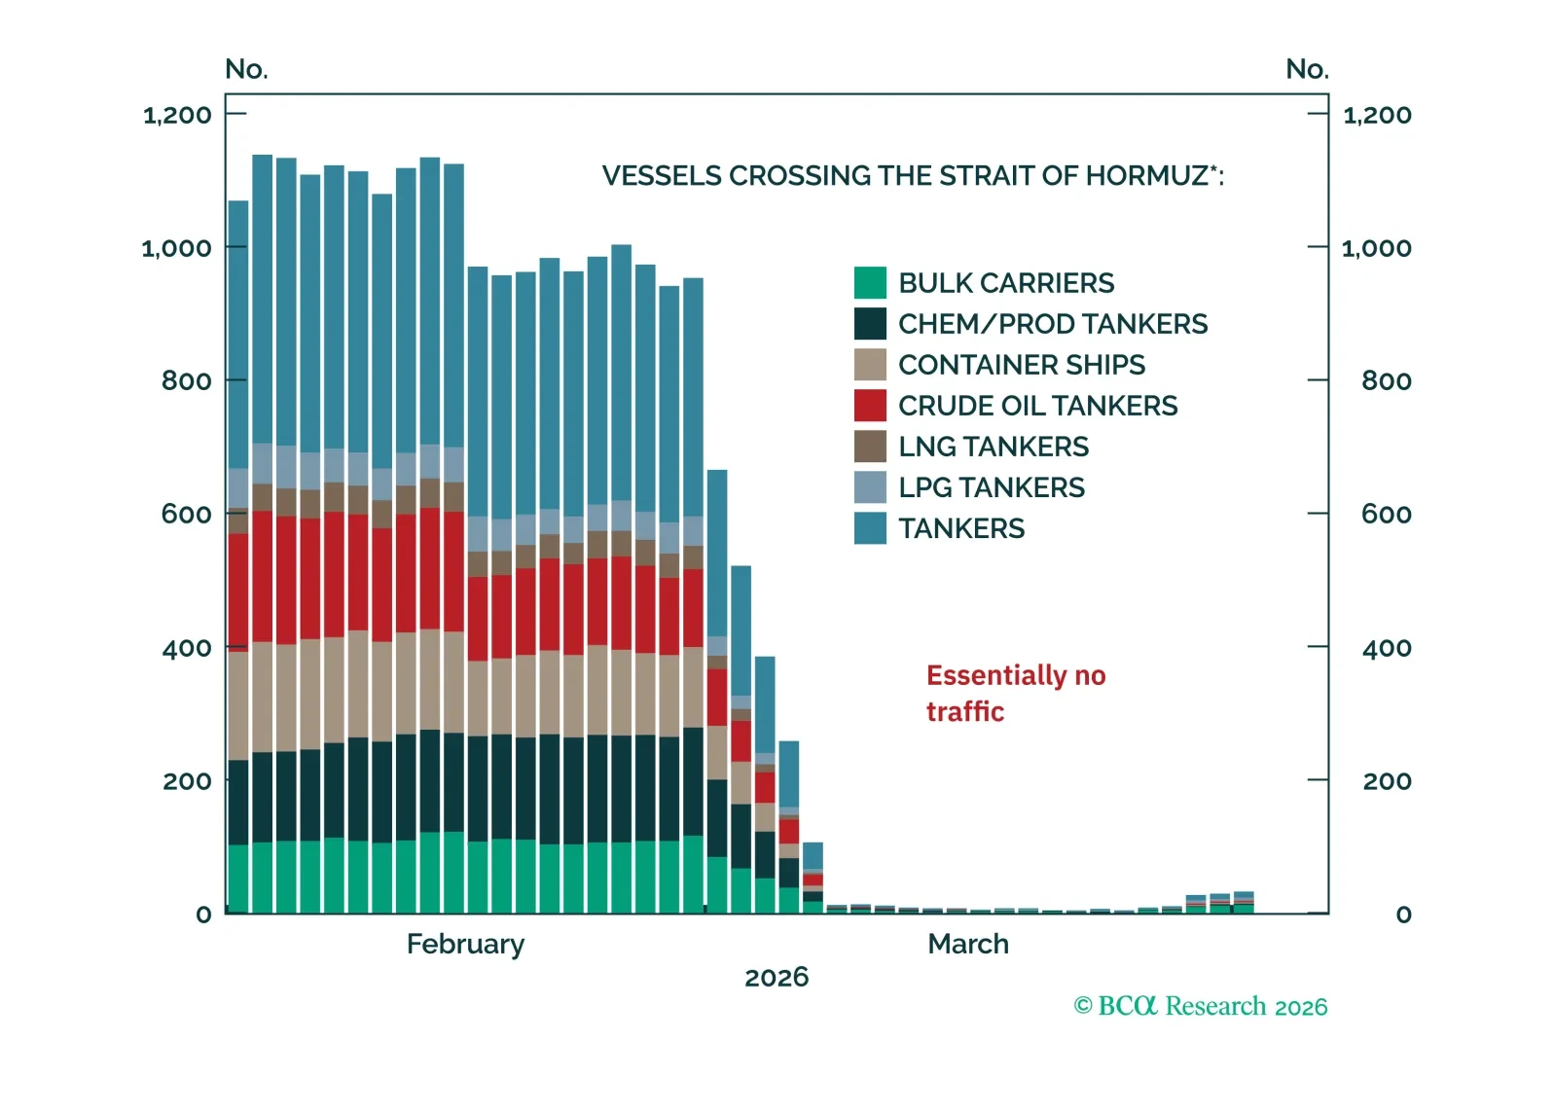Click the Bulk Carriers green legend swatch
[x=870, y=283]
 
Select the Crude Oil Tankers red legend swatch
[x=870, y=406]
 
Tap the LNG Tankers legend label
[x=993, y=447]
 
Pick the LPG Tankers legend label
[x=991, y=487]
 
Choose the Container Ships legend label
[x=1021, y=365]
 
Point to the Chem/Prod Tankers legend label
[x=1052, y=324]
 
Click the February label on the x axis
[x=465, y=944]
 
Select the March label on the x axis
[x=967, y=944]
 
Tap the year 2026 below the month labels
[x=777, y=977]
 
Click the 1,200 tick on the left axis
[x=177, y=115]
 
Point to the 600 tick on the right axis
[x=1386, y=514]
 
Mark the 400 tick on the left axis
[x=186, y=648]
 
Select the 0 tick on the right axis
[x=1403, y=915]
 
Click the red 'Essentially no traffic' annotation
[x=1015, y=694]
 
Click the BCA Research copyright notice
[x=1200, y=1006]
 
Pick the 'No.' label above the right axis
[x=1307, y=69]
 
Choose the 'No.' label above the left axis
[x=246, y=69]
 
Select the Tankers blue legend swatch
[x=870, y=528]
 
